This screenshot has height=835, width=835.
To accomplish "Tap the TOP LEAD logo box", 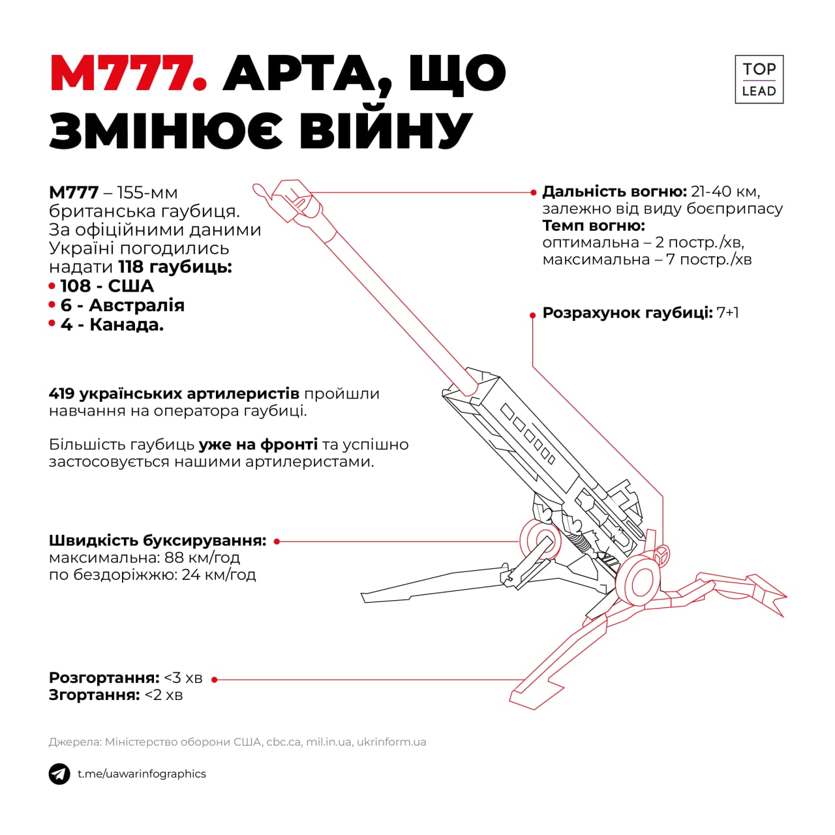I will [759, 80].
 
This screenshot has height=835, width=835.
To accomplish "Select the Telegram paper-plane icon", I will [59, 774].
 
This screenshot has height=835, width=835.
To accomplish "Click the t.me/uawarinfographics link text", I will [142, 774].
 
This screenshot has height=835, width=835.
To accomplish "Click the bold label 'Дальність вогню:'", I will [614, 192].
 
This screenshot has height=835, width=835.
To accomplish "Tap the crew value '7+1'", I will [727, 312].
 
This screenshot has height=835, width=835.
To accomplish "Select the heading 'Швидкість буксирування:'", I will [157, 541].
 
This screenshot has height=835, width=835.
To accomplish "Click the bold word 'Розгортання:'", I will [104, 678].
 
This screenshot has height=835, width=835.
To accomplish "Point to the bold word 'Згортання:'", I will [94, 695].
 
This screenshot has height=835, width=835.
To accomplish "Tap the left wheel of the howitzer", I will [541, 541].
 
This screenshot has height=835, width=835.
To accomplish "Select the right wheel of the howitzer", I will [637, 579].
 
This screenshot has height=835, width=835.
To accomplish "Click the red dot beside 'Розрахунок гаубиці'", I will [533, 315].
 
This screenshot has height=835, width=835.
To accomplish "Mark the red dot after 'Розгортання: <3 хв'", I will [215, 680].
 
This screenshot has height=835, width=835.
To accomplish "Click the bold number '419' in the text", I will [61, 394].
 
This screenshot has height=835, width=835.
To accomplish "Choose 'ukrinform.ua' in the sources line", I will [391, 742].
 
